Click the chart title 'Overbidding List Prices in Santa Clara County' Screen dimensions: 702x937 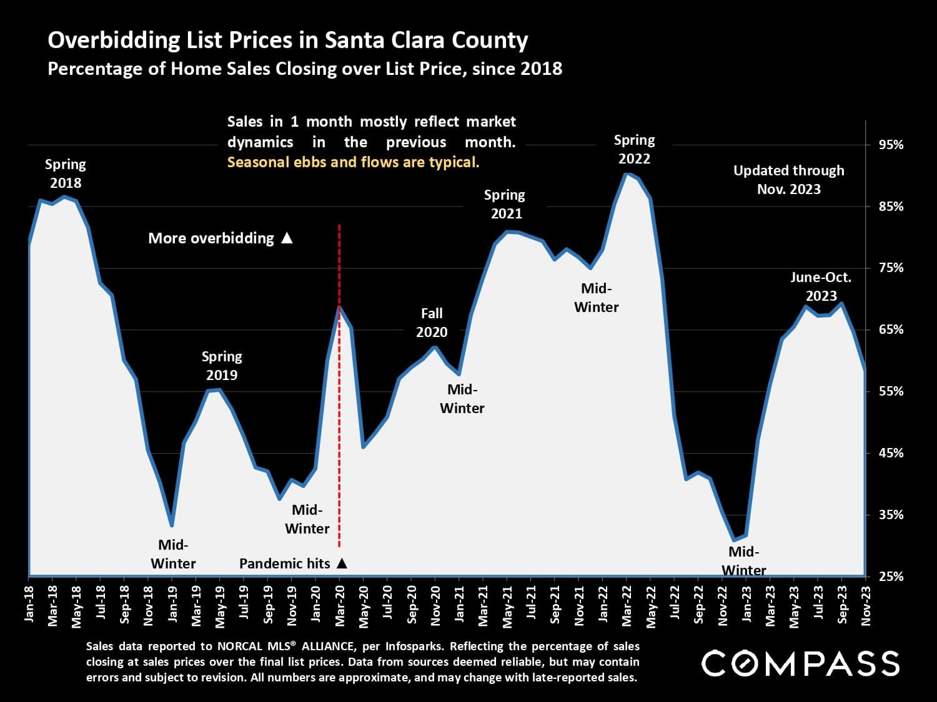288,41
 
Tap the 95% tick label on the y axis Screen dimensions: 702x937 891,145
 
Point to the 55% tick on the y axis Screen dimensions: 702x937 891,391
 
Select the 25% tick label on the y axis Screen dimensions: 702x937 891,576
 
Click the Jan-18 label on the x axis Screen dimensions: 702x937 29,604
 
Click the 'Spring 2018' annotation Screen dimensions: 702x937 66,173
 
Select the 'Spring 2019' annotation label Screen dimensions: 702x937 222,366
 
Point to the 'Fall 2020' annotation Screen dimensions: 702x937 432,323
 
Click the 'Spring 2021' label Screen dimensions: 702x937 505,204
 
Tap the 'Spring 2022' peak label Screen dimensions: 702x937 634,149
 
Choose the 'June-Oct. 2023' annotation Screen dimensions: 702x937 821,286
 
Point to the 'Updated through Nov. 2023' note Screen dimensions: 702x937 788,180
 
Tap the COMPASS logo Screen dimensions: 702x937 800,663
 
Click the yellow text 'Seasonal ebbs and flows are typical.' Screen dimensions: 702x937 353,163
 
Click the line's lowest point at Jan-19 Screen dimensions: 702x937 172,525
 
